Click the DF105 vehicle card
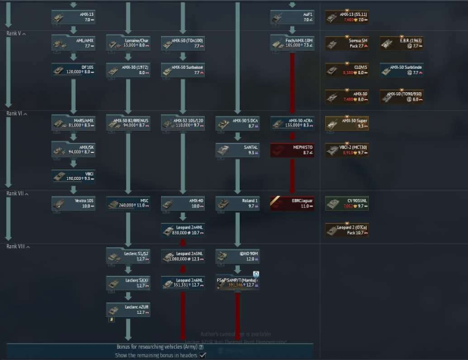pos(74,70)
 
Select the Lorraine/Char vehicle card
pos(129,42)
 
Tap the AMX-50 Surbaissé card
pos(183,70)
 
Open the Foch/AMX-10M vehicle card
pos(292,42)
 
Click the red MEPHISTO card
pos(292,150)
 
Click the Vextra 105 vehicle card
pos(74,203)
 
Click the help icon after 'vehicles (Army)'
pos(201,346)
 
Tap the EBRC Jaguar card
pos(292,203)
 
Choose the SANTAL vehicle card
pos(237,150)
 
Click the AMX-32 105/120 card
pos(183,123)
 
